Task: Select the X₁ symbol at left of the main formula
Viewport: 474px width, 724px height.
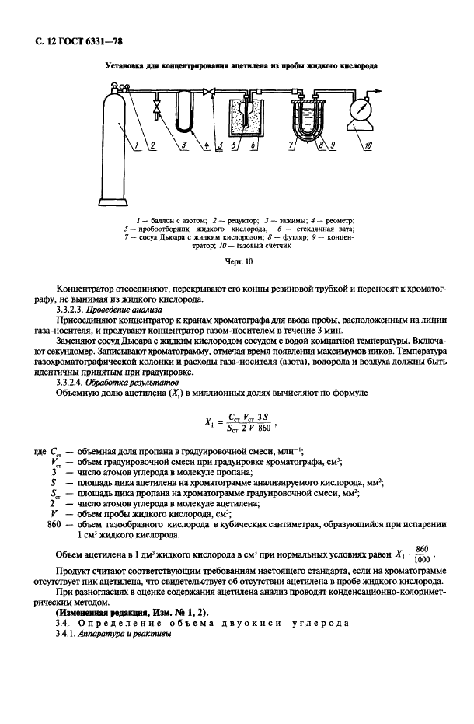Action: click(x=209, y=422)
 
